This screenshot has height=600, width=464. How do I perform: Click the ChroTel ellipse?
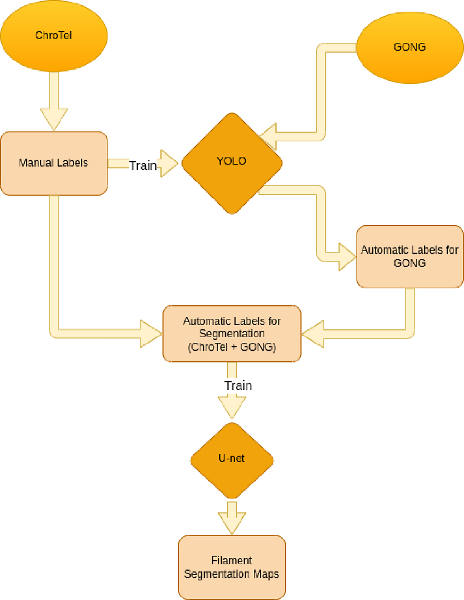tap(54, 36)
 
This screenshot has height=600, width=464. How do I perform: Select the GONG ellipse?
tap(409, 47)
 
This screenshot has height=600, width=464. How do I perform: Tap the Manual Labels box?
tap(54, 163)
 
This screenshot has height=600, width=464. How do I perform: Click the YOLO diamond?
tap(232, 163)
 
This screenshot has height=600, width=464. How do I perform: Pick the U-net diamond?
tap(232, 460)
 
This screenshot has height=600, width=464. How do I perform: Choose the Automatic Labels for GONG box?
tap(409, 257)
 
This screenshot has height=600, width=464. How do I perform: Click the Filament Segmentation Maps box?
tap(232, 567)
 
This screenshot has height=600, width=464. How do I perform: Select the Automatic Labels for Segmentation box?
tap(232, 334)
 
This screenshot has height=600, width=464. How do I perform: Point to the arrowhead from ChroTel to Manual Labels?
tap(54, 119)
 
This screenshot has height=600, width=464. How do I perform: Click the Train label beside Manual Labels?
tap(143, 166)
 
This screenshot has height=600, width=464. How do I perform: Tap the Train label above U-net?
tap(238, 385)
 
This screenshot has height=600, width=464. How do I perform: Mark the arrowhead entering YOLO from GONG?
tap(269, 136)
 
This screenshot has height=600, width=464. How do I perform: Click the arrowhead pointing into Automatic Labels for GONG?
tap(347, 257)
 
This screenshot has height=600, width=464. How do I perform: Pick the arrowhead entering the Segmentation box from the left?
tap(151, 334)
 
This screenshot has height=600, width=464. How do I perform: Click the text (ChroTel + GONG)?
tap(232, 347)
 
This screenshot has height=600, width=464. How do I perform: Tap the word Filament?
tap(232, 561)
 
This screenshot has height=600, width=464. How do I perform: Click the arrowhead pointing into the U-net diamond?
tap(232, 407)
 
